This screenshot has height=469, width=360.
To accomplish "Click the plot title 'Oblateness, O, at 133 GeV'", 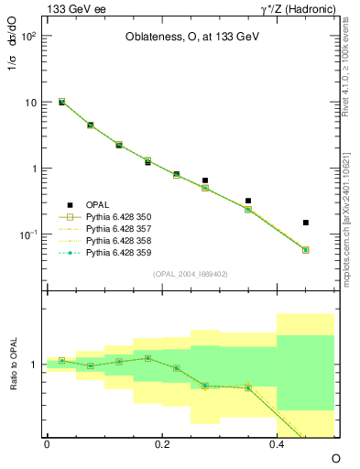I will coord(191,38).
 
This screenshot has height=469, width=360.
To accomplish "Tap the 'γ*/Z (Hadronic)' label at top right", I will coord(298,10).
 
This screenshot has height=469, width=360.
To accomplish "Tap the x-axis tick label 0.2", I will coord(162,444).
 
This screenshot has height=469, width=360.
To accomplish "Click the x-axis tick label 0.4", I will coord(278,444).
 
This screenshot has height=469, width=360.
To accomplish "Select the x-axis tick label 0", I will coord(47,444).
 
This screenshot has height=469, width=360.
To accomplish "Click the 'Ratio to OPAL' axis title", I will coord(13,365).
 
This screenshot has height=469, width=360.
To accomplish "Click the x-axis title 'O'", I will coord(335,457).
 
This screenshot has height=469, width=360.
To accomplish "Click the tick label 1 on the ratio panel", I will coord(33,365).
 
